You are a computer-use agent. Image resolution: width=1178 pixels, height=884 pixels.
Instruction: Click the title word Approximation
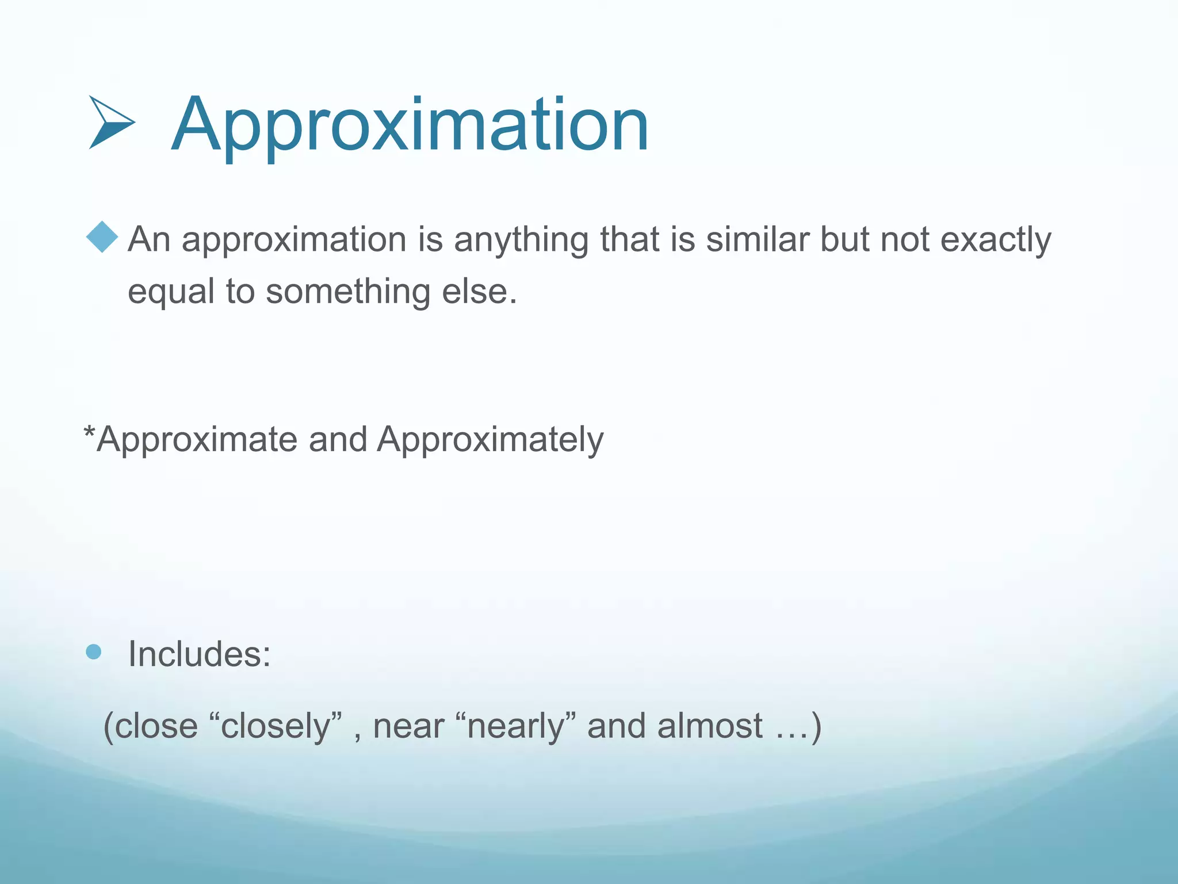coord(410,125)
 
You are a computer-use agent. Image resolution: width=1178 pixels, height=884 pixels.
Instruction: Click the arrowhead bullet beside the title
coord(112,123)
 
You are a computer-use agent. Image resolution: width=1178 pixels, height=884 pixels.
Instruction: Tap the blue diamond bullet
coord(102,237)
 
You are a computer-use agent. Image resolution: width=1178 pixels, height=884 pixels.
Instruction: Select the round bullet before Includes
coord(93,652)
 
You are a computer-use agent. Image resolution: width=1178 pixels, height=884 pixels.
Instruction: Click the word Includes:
coord(199,654)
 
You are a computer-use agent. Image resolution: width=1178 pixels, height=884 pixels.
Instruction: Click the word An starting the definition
coord(149,239)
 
